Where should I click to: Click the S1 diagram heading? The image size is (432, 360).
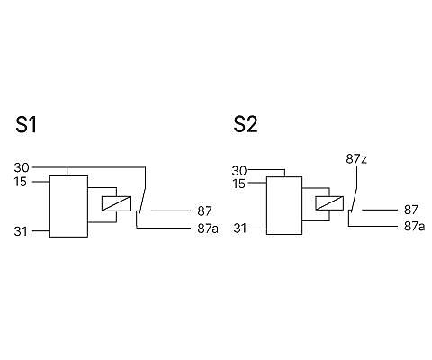(x=26, y=125)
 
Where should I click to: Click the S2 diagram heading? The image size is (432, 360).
(x=246, y=125)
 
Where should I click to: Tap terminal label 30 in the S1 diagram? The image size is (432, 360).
(x=22, y=167)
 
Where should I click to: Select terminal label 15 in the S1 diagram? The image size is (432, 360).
(x=21, y=182)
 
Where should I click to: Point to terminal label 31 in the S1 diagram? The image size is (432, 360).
(x=21, y=231)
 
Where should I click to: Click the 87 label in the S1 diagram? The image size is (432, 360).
(x=204, y=211)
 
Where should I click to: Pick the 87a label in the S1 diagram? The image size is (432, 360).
(x=208, y=229)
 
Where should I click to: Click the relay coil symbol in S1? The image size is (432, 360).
(x=116, y=203)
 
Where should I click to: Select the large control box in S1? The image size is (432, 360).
(x=68, y=206)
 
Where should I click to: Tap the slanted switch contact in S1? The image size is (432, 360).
(x=142, y=201)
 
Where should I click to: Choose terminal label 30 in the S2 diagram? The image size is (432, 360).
(x=239, y=171)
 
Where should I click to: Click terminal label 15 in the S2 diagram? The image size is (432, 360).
(x=239, y=184)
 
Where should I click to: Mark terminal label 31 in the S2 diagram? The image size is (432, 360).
(x=240, y=229)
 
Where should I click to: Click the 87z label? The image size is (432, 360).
(x=356, y=159)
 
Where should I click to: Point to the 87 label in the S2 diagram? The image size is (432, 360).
(x=411, y=210)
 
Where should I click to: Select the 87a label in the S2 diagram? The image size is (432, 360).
(x=414, y=227)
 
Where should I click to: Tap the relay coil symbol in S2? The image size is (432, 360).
(x=329, y=203)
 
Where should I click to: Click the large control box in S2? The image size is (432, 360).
(x=284, y=205)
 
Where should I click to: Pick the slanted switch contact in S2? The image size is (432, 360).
(x=354, y=200)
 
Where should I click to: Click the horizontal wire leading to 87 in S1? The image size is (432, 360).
(x=171, y=211)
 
